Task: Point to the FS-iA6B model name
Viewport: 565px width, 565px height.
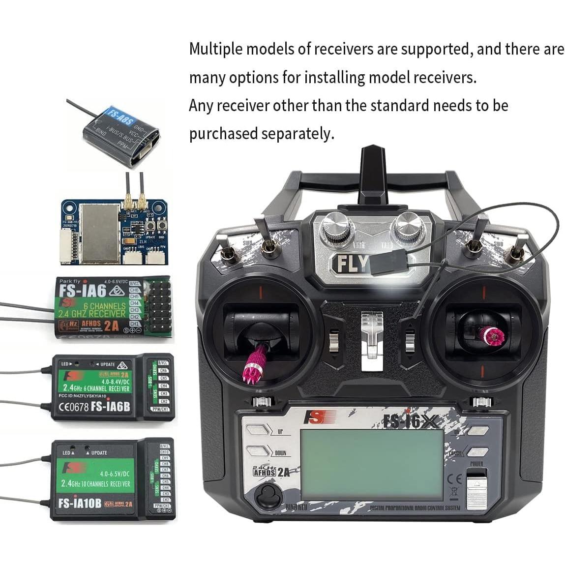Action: click(x=109, y=407)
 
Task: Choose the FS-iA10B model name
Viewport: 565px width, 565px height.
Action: click(x=80, y=504)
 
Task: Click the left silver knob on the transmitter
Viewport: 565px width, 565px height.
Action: click(x=338, y=227)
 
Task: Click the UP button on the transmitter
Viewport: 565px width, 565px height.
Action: click(x=259, y=430)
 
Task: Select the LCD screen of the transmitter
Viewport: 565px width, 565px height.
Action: click(x=372, y=463)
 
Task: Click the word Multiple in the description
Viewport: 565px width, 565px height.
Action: click(x=216, y=49)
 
